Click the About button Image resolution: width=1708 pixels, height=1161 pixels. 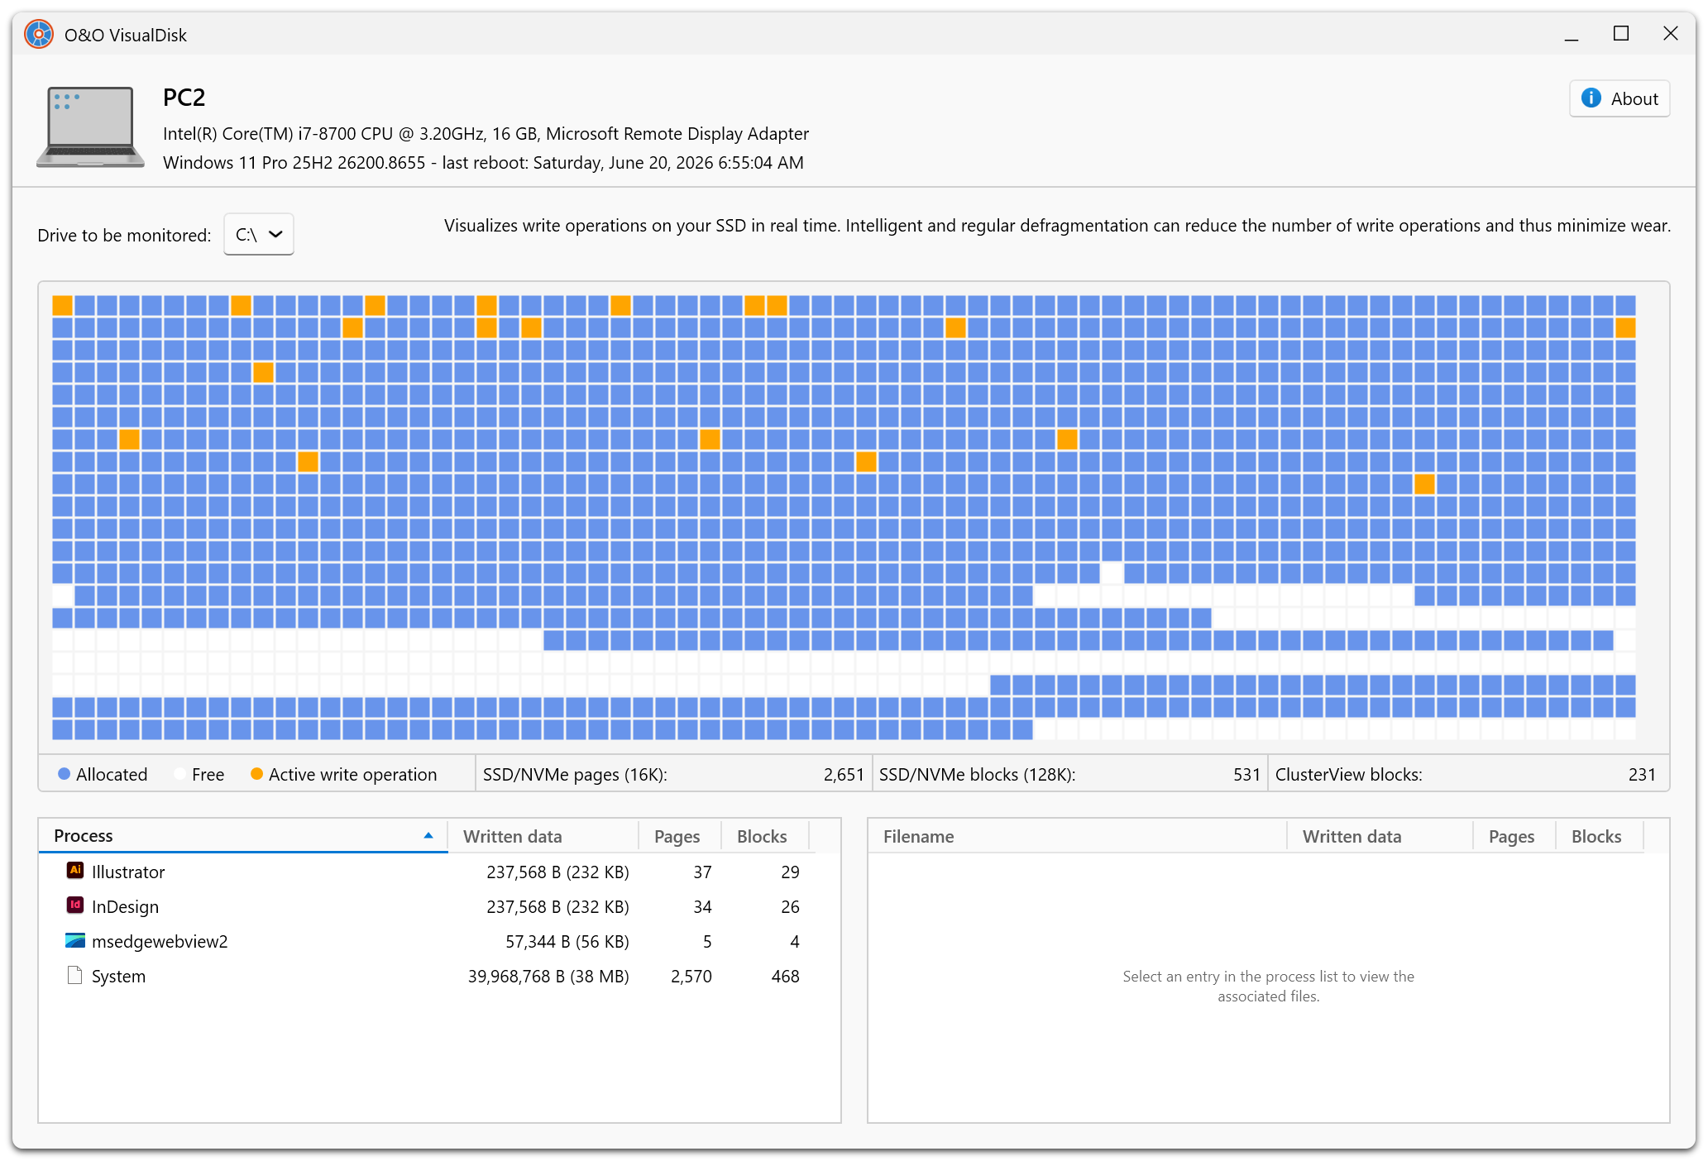[1619, 98]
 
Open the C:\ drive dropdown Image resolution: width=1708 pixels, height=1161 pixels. [259, 235]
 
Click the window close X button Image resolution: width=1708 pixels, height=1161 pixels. [1670, 34]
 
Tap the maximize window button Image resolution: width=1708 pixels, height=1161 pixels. [1620, 34]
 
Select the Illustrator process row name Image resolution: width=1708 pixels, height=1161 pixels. [128, 872]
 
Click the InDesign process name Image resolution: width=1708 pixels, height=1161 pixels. [125, 906]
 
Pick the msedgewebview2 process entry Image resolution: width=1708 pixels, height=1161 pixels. [160, 941]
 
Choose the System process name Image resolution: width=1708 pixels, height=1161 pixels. [118, 976]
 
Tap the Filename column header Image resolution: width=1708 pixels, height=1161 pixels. [918, 836]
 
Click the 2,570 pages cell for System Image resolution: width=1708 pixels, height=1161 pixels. [691, 976]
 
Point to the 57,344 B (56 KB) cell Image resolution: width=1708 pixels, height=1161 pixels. [567, 941]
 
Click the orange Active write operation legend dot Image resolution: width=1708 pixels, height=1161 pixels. [256, 774]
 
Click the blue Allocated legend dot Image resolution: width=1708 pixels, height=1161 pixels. [64, 774]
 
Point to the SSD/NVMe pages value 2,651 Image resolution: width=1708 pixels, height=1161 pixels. [844, 774]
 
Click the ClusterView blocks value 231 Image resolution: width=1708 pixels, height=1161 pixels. [1642, 774]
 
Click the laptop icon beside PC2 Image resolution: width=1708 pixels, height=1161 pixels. [90, 127]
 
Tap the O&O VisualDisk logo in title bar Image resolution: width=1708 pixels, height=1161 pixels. [39, 34]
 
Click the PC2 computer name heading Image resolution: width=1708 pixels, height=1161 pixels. [184, 98]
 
